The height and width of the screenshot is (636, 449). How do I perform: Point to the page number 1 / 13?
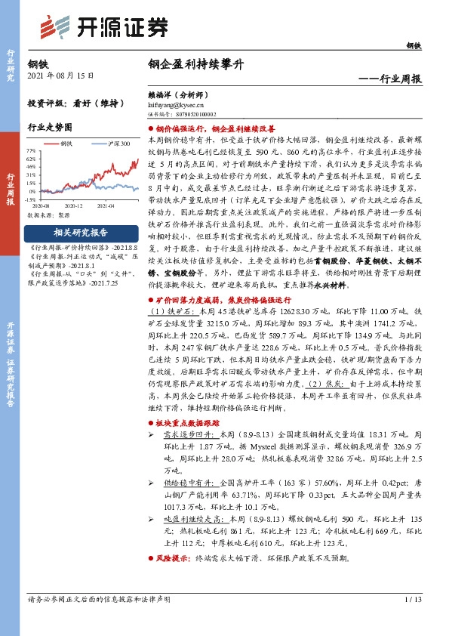[412, 600]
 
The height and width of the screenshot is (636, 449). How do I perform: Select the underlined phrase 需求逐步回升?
[185, 434]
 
